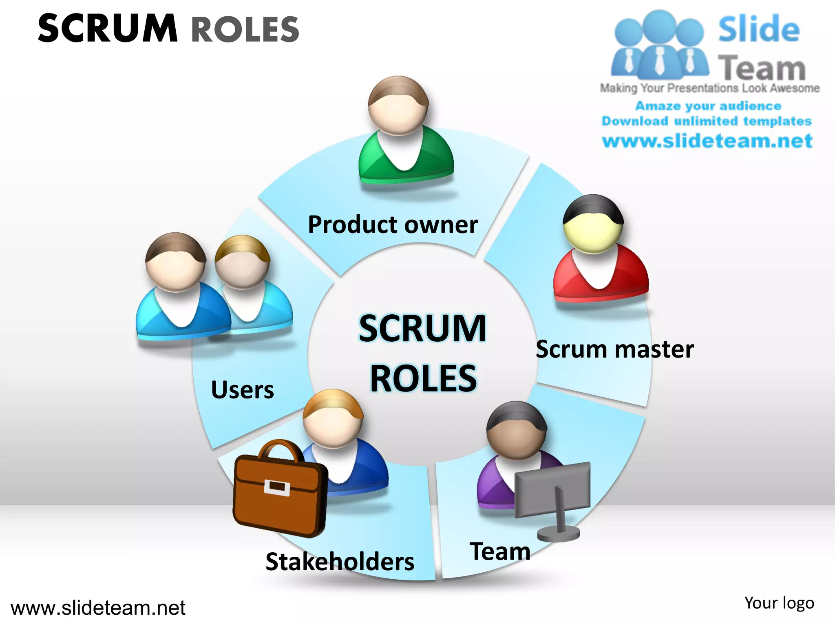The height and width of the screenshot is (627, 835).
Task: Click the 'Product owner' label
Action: pyautogui.click(x=393, y=225)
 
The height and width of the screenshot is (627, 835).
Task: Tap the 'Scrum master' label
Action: pyautogui.click(x=614, y=349)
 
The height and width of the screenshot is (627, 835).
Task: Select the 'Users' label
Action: pyautogui.click(x=243, y=390)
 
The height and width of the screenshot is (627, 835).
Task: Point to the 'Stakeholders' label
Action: pyautogui.click(x=340, y=562)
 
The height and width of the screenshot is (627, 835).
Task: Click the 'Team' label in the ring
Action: pyautogui.click(x=500, y=551)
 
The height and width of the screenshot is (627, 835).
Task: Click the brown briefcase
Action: pyautogui.click(x=279, y=490)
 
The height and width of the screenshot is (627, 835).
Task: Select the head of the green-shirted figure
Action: pyautogui.click(x=398, y=105)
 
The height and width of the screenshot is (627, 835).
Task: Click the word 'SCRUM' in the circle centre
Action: pyautogui.click(x=422, y=329)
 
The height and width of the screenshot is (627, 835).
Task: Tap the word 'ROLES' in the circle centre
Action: pyautogui.click(x=423, y=379)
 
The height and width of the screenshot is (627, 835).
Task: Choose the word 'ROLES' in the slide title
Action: pyautogui.click(x=245, y=29)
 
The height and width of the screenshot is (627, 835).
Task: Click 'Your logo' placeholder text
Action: pyautogui.click(x=779, y=603)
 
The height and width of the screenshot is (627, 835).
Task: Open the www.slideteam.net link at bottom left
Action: pyautogui.click(x=98, y=608)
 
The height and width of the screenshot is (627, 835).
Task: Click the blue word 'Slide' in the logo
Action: pyautogui.click(x=759, y=29)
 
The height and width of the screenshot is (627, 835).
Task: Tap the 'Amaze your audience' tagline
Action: pyautogui.click(x=708, y=106)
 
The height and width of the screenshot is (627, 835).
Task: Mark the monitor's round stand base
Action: pyautogui.click(x=558, y=533)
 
